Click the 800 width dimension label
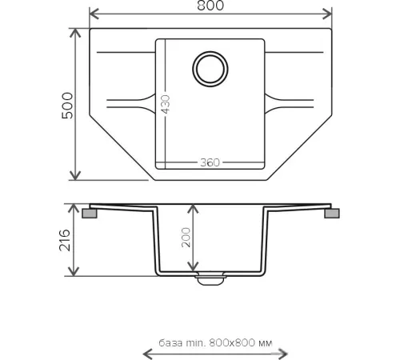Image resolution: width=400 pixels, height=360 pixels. (x=210, y=6)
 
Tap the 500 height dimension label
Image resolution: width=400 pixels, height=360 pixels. (x=67, y=106)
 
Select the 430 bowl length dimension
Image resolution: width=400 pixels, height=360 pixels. (x=166, y=104)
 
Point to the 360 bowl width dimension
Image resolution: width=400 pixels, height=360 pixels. (x=210, y=162)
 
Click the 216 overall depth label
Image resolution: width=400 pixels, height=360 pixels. (x=65, y=240)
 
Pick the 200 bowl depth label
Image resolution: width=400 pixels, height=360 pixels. (x=186, y=238)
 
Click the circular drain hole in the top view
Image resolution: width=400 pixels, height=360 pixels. (x=210, y=69)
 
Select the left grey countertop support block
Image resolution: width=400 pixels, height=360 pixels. (x=90, y=214)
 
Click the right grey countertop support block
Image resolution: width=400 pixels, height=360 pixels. (x=332, y=214)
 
